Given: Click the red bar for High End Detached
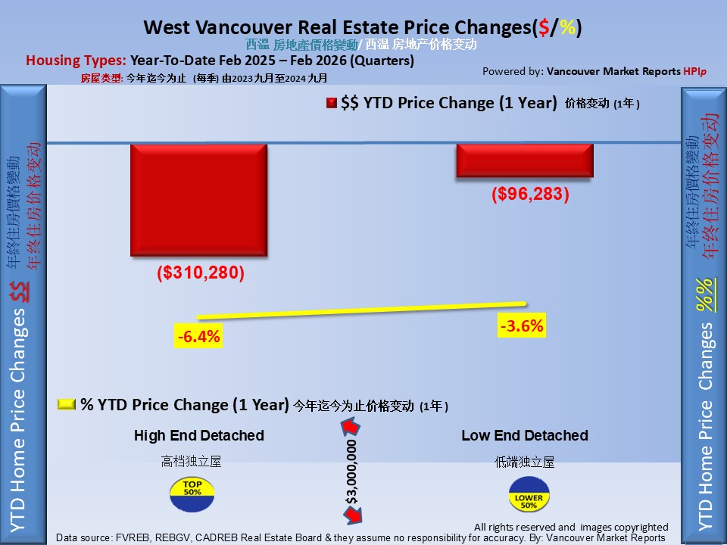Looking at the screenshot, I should click(x=198, y=201).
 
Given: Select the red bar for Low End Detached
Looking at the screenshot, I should click(x=524, y=160).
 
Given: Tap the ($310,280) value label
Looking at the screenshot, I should click(x=201, y=272).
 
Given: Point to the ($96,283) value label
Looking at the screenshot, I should click(x=530, y=194).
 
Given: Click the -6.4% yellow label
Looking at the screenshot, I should click(x=198, y=336).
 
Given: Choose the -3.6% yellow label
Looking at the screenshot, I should click(x=522, y=326).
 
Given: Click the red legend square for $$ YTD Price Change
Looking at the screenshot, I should click(x=331, y=104).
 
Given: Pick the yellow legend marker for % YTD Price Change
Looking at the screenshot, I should click(x=67, y=405).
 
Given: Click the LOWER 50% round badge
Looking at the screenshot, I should click(x=528, y=493).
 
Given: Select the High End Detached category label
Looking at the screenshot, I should click(x=198, y=435).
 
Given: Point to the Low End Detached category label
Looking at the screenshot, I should click(x=524, y=435).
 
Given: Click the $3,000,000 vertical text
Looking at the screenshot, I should click(x=351, y=473).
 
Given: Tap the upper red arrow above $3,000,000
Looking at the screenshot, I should click(x=350, y=428).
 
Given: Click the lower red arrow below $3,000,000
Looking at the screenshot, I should click(x=351, y=517).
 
